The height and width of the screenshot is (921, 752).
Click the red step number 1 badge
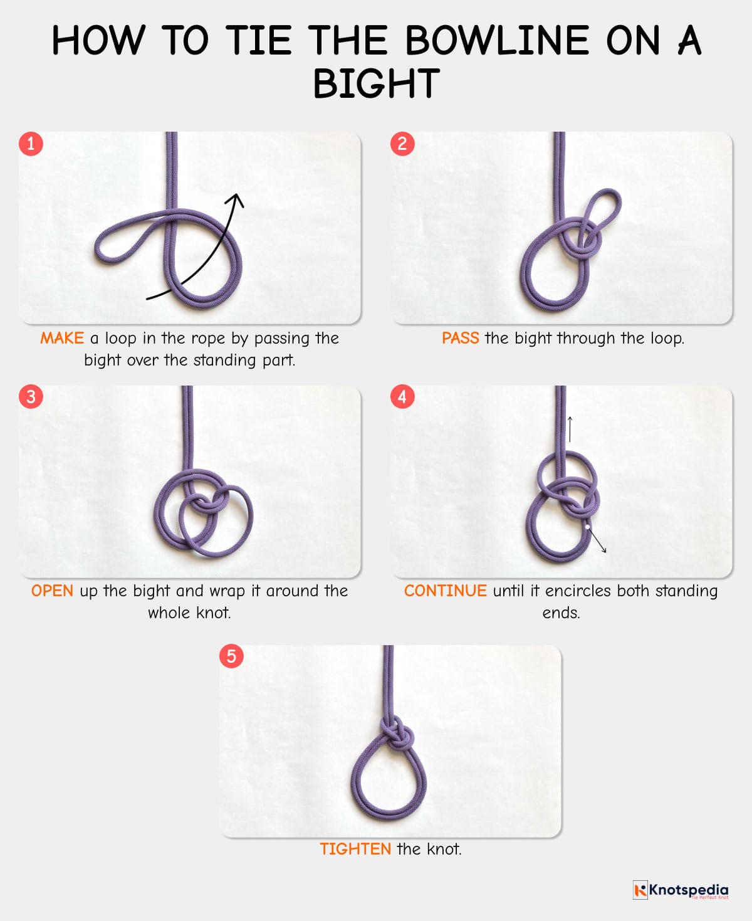(x=31, y=144)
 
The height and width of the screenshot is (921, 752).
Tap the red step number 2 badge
(x=402, y=144)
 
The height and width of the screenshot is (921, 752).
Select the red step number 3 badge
(x=31, y=396)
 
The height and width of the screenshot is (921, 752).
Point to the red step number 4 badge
(x=402, y=396)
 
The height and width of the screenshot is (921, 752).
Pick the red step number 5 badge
(x=231, y=656)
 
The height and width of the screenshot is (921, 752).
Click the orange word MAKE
(x=61, y=339)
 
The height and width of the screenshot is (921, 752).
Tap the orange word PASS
(x=460, y=339)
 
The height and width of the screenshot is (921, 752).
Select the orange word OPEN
(x=52, y=591)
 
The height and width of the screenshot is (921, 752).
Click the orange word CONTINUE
(x=445, y=591)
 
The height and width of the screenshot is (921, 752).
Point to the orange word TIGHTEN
(x=355, y=850)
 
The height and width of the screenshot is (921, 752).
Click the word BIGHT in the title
(x=376, y=84)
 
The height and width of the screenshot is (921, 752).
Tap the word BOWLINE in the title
(x=496, y=41)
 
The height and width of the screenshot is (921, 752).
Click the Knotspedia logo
(x=681, y=890)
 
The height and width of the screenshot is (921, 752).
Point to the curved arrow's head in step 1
(x=236, y=200)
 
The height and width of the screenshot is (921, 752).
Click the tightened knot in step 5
(x=396, y=734)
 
